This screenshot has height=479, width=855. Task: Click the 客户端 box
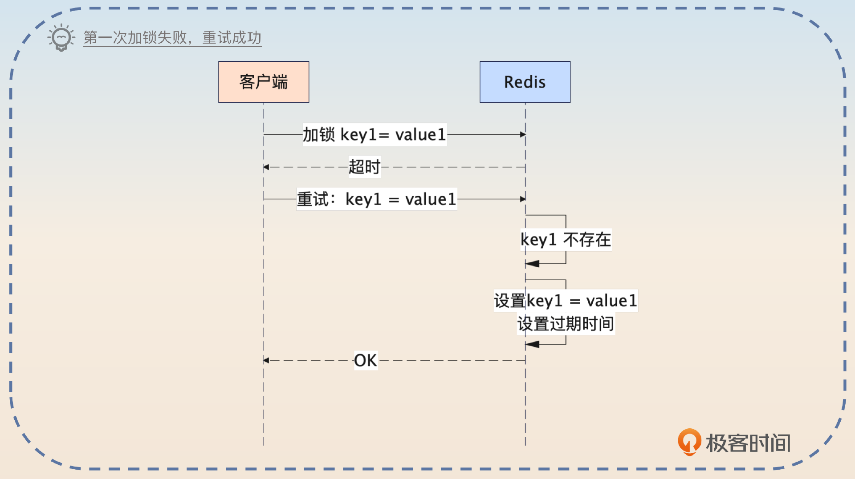(x=264, y=82)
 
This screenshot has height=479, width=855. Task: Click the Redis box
(x=525, y=82)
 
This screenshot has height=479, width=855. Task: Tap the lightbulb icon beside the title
(x=61, y=38)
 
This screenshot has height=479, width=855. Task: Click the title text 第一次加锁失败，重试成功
(x=172, y=38)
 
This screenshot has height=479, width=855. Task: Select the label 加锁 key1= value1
(x=374, y=134)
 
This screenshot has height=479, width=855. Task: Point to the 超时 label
(x=364, y=167)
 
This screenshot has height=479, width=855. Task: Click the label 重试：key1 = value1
(x=377, y=199)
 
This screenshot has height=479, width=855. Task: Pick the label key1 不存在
(x=566, y=240)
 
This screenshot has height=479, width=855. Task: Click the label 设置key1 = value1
(x=566, y=301)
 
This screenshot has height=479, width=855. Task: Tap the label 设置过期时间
(x=566, y=324)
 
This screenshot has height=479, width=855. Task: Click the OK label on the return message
(x=365, y=360)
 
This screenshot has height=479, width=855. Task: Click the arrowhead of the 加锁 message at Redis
(x=523, y=134)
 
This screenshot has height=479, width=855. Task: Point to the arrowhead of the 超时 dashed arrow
(x=266, y=167)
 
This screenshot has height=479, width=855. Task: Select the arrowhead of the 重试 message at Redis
(x=523, y=199)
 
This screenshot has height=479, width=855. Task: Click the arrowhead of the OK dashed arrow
(x=266, y=360)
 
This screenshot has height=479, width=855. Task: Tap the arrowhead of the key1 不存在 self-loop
(x=532, y=264)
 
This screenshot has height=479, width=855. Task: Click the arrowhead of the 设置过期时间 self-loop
(x=532, y=344)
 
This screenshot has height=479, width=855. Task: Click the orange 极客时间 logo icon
(x=689, y=442)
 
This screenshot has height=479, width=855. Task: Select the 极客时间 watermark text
(x=748, y=443)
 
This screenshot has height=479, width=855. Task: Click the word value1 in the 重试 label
(x=431, y=199)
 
